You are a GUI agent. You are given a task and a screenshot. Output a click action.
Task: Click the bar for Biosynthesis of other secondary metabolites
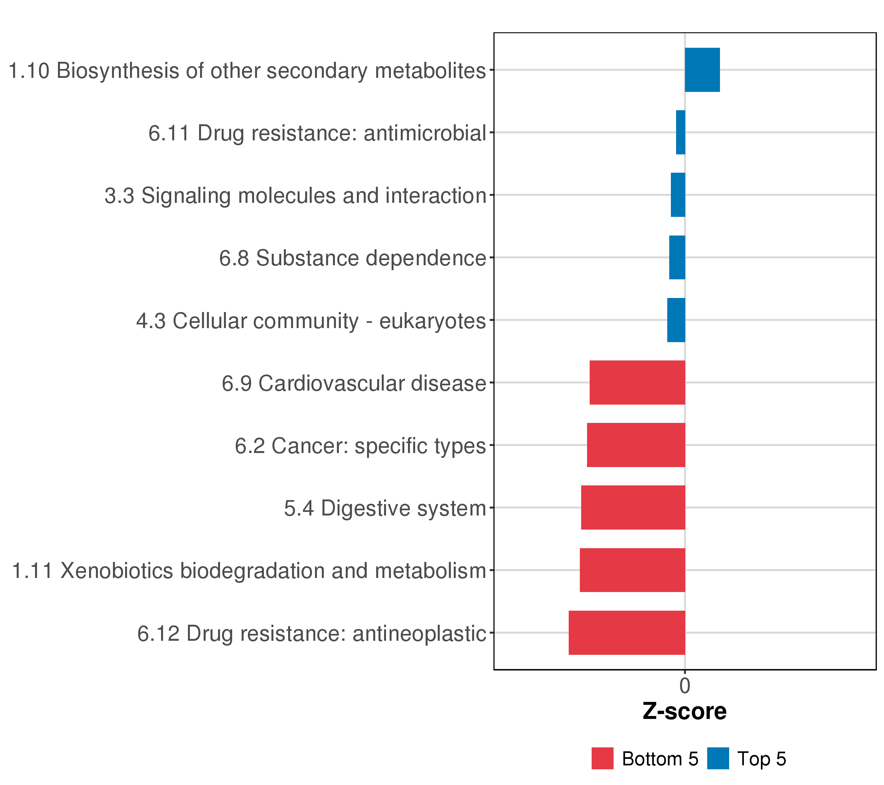click(x=702, y=70)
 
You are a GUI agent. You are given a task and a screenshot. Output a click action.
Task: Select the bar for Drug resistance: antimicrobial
click(x=680, y=132)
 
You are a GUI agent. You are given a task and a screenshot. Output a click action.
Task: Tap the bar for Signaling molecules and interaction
click(x=678, y=195)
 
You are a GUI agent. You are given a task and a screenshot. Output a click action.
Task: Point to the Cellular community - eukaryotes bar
click(x=676, y=320)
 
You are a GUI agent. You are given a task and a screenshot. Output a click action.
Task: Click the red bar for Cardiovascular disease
click(x=637, y=382)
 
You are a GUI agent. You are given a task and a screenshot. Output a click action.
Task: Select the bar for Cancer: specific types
click(x=636, y=445)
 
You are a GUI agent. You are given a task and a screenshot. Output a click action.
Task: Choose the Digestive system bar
click(x=633, y=508)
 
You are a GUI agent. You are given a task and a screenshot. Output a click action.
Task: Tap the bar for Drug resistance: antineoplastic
click(x=627, y=633)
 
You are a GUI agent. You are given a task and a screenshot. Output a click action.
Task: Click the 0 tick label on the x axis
click(x=685, y=686)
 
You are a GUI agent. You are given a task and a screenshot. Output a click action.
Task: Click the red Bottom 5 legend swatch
click(x=602, y=759)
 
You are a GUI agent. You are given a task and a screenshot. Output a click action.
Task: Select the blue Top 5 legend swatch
click(x=718, y=759)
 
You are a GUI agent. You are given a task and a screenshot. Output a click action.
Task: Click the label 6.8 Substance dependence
click(x=353, y=258)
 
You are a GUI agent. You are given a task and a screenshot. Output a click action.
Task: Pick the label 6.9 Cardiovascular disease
click(x=354, y=384)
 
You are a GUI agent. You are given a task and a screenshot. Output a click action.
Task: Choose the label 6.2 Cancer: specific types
click(x=360, y=446)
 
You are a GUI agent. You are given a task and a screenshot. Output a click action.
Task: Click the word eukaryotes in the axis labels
click(x=433, y=322)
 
